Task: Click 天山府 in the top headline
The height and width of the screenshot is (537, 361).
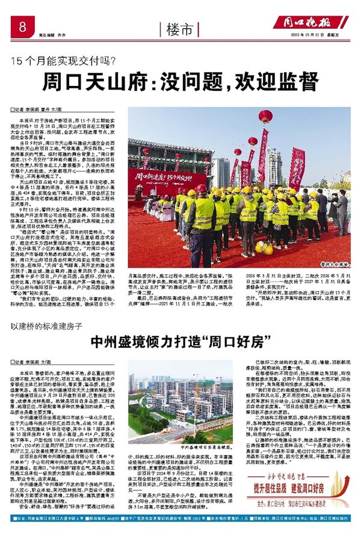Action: point(120,81)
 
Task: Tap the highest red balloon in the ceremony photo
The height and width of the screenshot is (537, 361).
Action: point(265,116)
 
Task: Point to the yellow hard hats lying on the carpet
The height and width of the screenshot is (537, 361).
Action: point(264,247)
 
